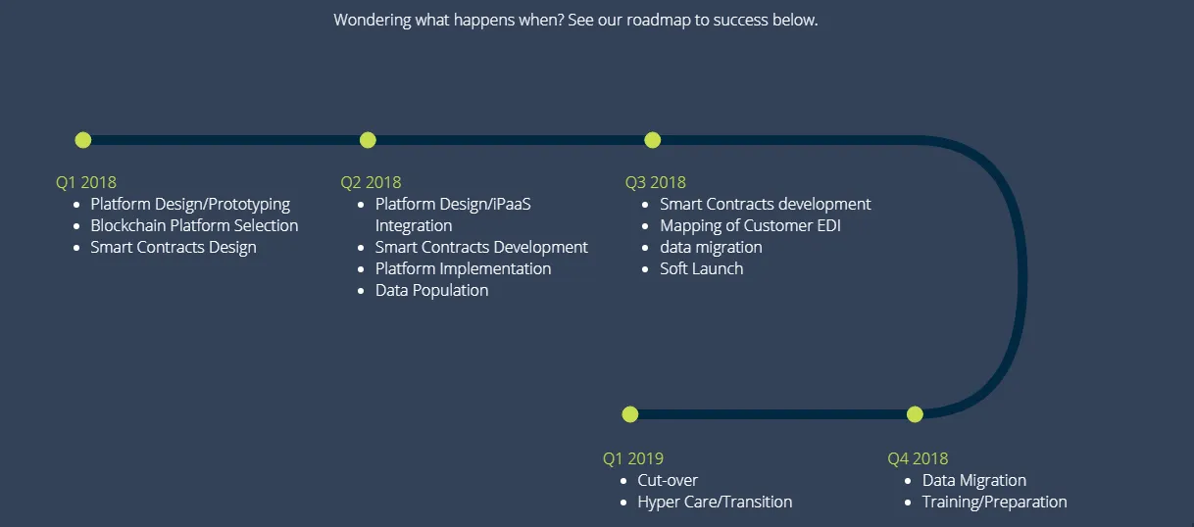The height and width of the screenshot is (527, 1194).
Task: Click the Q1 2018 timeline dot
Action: pyautogui.click(x=83, y=140)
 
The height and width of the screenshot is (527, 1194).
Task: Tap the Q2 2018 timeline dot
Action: pyautogui.click(x=368, y=140)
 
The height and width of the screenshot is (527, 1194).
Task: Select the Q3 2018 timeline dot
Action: pyautogui.click(x=653, y=140)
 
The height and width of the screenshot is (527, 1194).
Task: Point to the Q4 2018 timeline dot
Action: pyautogui.click(x=915, y=414)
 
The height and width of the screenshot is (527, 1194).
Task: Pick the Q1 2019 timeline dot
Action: pyautogui.click(x=630, y=414)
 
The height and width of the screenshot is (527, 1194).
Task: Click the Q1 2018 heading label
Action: pyautogui.click(x=86, y=182)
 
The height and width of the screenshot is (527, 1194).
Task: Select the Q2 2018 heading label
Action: pyautogui.click(x=371, y=182)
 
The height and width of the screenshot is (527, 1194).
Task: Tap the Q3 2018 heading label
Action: pyautogui.click(x=655, y=182)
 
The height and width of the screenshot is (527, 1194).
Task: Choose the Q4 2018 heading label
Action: pyautogui.click(x=918, y=458)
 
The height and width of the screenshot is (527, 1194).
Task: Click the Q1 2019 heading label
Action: pyautogui.click(x=632, y=458)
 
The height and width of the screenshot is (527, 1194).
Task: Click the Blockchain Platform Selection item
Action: pyautogui.click(x=194, y=225)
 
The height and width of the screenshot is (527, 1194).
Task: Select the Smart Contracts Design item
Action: pyautogui.click(x=174, y=247)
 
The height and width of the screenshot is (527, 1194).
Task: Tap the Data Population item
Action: pyautogui.click(x=431, y=290)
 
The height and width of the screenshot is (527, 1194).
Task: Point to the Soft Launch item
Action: pyautogui.click(x=702, y=268)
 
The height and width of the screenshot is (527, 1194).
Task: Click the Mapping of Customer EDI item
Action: pyautogui.click(x=750, y=226)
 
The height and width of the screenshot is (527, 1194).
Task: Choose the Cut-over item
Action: pyautogui.click(x=668, y=480)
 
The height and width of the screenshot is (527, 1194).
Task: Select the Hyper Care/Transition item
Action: pyautogui.click(x=715, y=502)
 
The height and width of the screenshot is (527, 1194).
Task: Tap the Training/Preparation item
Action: pyautogui.click(x=995, y=502)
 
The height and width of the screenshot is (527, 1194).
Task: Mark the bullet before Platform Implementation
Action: pyautogui.click(x=361, y=269)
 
